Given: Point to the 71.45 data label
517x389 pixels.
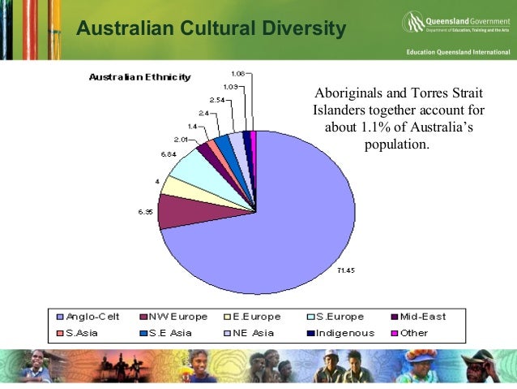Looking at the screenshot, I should pyautogui.click(x=344, y=270).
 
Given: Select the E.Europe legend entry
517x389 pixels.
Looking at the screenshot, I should pyautogui.click(x=258, y=316).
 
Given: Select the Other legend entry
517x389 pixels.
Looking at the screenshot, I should pyautogui.click(x=413, y=332).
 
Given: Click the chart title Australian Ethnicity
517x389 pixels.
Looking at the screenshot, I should pyautogui.click(x=139, y=78).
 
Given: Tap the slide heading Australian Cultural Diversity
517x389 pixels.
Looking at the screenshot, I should pyautogui.click(x=211, y=30).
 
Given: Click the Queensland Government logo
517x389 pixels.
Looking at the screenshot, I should pyautogui.click(x=454, y=22).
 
